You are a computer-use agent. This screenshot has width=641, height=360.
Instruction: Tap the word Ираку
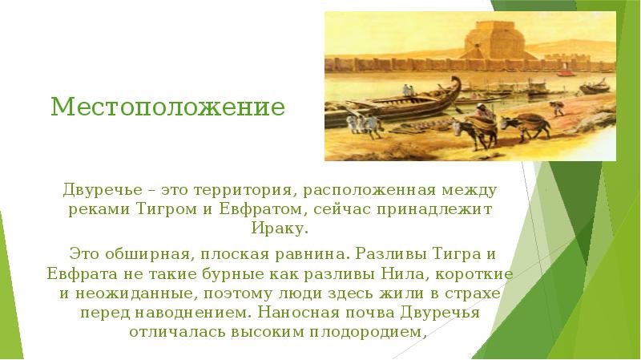(x=279, y=228)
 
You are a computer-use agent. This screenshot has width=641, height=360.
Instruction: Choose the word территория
(x=237, y=190)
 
